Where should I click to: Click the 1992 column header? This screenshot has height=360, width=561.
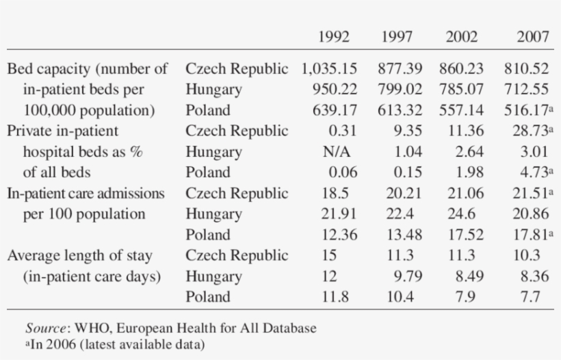pos(333,37)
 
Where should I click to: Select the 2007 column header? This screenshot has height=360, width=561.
pos(532,37)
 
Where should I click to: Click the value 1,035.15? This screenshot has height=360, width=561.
pos(329,68)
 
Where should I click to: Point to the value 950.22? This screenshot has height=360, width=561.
pos(339,90)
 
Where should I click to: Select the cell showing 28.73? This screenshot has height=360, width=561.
pos(529,131)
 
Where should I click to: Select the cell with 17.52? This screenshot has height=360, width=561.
pos(465,235)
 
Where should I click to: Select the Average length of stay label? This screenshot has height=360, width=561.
pos(79,256)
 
